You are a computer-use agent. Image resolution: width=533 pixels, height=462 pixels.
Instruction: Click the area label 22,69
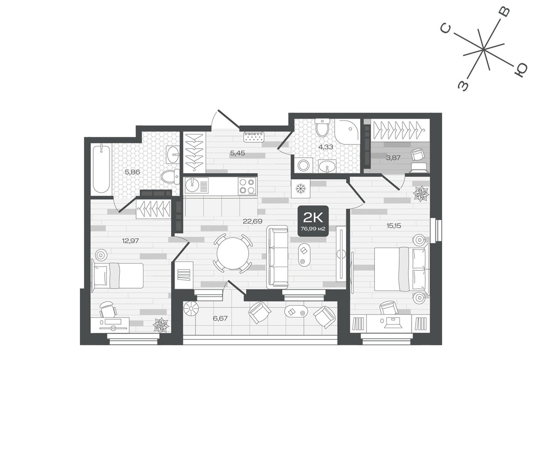252,221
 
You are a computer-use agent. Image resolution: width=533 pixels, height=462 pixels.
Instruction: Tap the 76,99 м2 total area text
313,229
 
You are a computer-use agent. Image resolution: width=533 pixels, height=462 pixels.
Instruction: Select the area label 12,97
131,241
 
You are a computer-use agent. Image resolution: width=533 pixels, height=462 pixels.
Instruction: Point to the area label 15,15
394,226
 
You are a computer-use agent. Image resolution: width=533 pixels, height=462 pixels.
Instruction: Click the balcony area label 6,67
220,318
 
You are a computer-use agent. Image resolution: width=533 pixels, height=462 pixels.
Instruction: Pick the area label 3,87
393,158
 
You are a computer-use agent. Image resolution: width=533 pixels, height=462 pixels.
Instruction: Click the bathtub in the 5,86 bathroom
101,169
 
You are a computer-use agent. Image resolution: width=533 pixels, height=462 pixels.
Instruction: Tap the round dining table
233,253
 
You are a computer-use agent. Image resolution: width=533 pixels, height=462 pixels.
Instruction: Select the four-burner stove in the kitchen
247,186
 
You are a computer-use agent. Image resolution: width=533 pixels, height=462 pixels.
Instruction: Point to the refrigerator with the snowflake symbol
300,189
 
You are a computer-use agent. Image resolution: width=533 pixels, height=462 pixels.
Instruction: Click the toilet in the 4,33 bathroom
322,128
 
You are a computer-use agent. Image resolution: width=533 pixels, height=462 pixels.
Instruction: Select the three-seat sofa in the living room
278,257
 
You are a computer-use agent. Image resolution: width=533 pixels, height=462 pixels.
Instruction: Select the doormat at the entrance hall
254,137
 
